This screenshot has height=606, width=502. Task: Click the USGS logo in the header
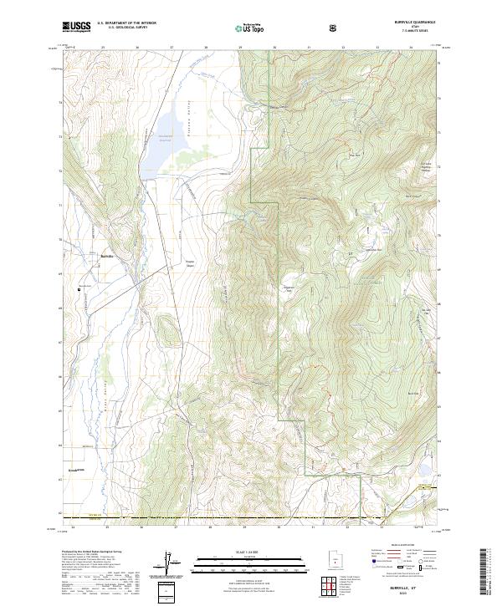(76, 27)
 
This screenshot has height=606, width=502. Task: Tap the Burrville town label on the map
(106, 256)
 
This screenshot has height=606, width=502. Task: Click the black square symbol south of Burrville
(81, 289)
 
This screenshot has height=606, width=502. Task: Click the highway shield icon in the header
(333, 28)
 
